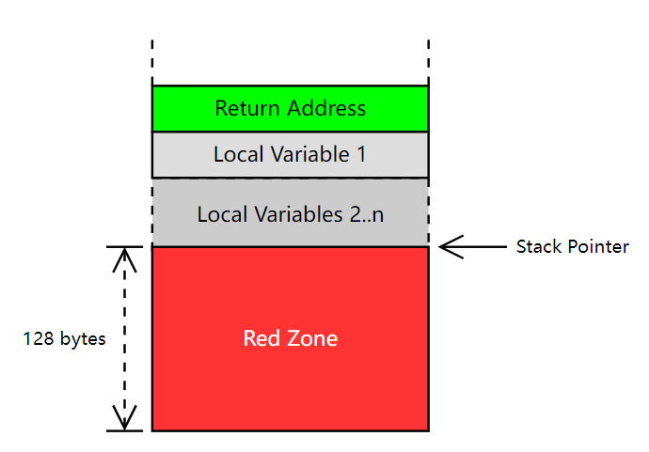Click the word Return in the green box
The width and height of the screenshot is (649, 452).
point(247,108)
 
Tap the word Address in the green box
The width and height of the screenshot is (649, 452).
point(326,108)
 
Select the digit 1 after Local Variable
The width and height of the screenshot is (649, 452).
point(361,154)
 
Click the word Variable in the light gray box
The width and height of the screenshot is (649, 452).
point(310,154)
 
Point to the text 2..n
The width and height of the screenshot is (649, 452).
point(367,214)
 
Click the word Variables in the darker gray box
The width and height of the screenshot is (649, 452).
point(298,214)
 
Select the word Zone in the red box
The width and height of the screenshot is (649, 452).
point(312,338)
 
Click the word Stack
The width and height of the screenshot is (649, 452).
point(539,246)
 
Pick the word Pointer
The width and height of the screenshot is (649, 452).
point(598,246)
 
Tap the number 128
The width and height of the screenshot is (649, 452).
point(39,338)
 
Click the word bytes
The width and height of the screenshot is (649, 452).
point(83,339)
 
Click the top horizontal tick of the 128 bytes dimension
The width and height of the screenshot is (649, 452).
point(124,247)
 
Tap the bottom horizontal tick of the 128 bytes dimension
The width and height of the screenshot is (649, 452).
point(124,431)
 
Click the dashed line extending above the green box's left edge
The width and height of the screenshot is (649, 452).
point(152,62)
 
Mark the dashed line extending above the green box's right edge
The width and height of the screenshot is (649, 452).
point(428,62)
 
